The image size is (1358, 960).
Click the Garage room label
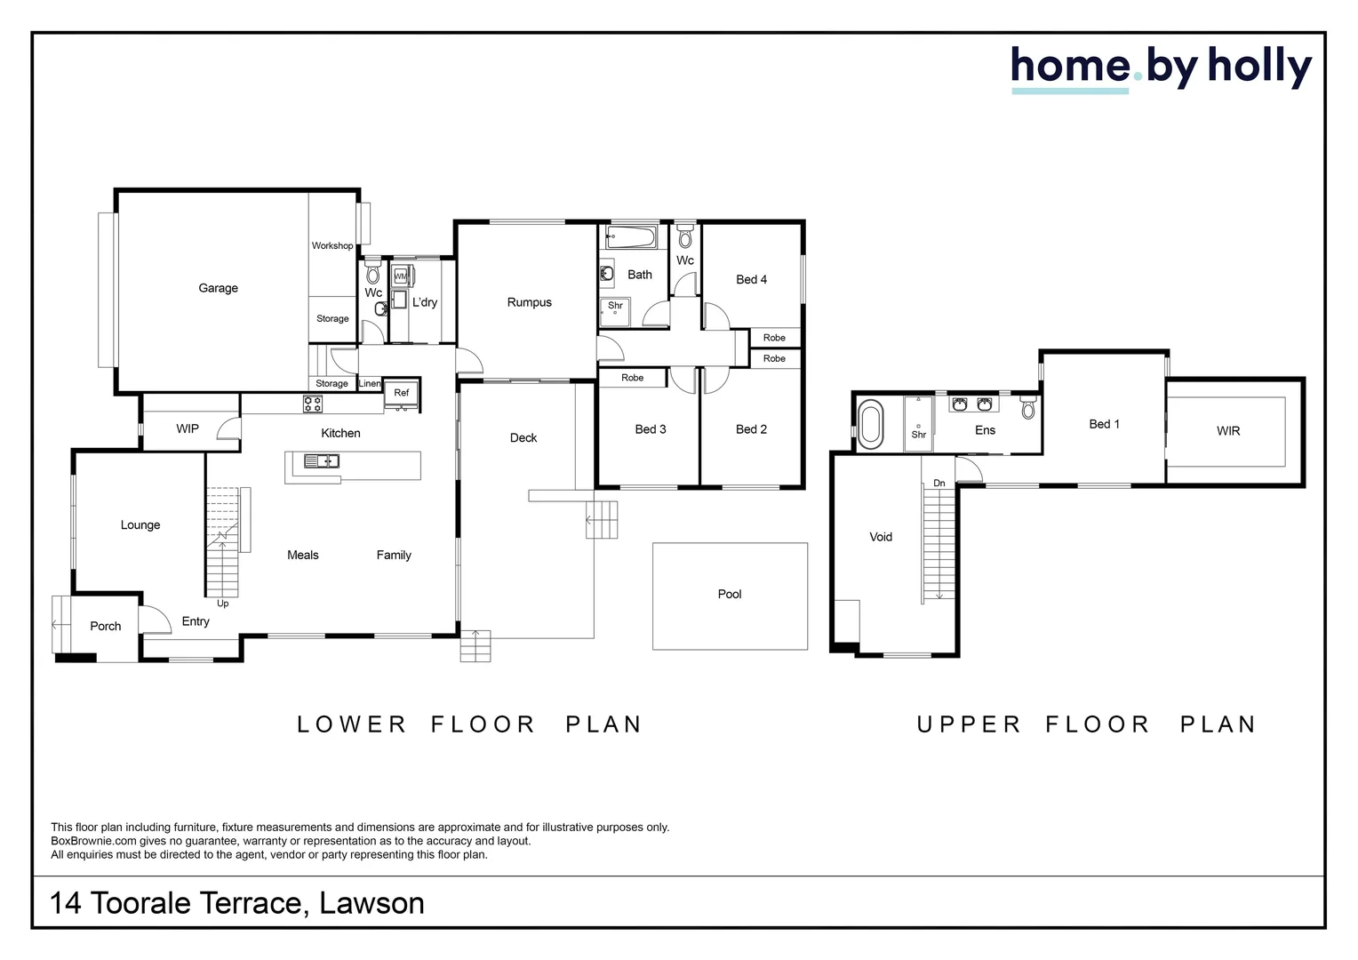click(x=218, y=288)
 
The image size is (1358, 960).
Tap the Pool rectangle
click(x=730, y=595)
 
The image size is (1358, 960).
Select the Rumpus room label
click(x=529, y=302)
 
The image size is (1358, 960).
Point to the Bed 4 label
click(x=751, y=279)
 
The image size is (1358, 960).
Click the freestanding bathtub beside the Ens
click(x=870, y=424)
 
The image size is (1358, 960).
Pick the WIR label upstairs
click(x=1227, y=431)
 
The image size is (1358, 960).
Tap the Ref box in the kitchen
click(x=402, y=393)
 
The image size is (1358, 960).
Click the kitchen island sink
click(x=321, y=460)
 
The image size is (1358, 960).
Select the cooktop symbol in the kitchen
click(x=313, y=404)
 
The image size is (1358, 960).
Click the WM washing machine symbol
click(x=400, y=276)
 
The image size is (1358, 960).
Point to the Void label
click(x=881, y=537)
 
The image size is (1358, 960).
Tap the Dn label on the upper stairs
click(x=939, y=484)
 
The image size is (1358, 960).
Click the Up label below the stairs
click(x=223, y=604)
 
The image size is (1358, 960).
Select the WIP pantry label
click(x=188, y=428)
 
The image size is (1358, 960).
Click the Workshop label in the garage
click(x=332, y=246)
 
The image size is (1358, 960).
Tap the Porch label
click(x=105, y=627)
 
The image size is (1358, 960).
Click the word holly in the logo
click(x=1259, y=67)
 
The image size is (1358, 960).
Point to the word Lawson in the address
click(x=371, y=904)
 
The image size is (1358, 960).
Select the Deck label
click(x=523, y=437)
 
